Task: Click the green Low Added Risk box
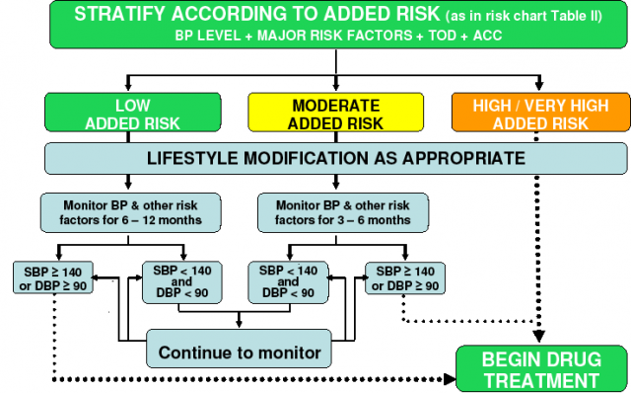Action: point(133,113)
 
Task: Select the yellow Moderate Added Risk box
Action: point(335,113)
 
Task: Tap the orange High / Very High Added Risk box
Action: point(541,113)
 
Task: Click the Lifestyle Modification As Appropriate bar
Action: point(335,158)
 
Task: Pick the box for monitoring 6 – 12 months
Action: point(130,213)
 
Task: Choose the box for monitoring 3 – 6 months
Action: point(343,213)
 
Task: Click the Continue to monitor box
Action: point(239,349)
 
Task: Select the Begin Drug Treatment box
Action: point(541,369)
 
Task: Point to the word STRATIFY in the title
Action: point(120,14)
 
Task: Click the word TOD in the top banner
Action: point(442,36)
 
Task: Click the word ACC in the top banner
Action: point(487,36)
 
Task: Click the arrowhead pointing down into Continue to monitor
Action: point(239,324)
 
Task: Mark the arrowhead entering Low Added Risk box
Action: point(128,86)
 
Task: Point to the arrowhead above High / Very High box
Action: point(539,86)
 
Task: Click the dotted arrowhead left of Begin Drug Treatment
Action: point(450,379)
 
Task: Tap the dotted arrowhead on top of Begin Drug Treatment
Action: point(539,337)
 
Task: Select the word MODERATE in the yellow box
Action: point(335,106)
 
